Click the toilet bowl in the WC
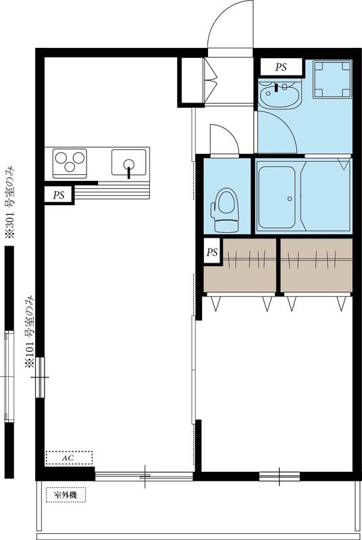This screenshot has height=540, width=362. [x=224, y=204]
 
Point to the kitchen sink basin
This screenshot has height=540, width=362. [x=129, y=163]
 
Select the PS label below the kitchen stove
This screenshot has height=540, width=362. [x=59, y=194]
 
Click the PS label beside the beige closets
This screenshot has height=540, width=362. [x=212, y=253]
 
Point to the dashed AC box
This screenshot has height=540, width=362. [x=68, y=458]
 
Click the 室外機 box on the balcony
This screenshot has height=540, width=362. [x=66, y=496]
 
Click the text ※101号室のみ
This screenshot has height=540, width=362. [x=30, y=331]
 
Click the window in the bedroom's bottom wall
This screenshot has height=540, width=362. [x=280, y=476]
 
